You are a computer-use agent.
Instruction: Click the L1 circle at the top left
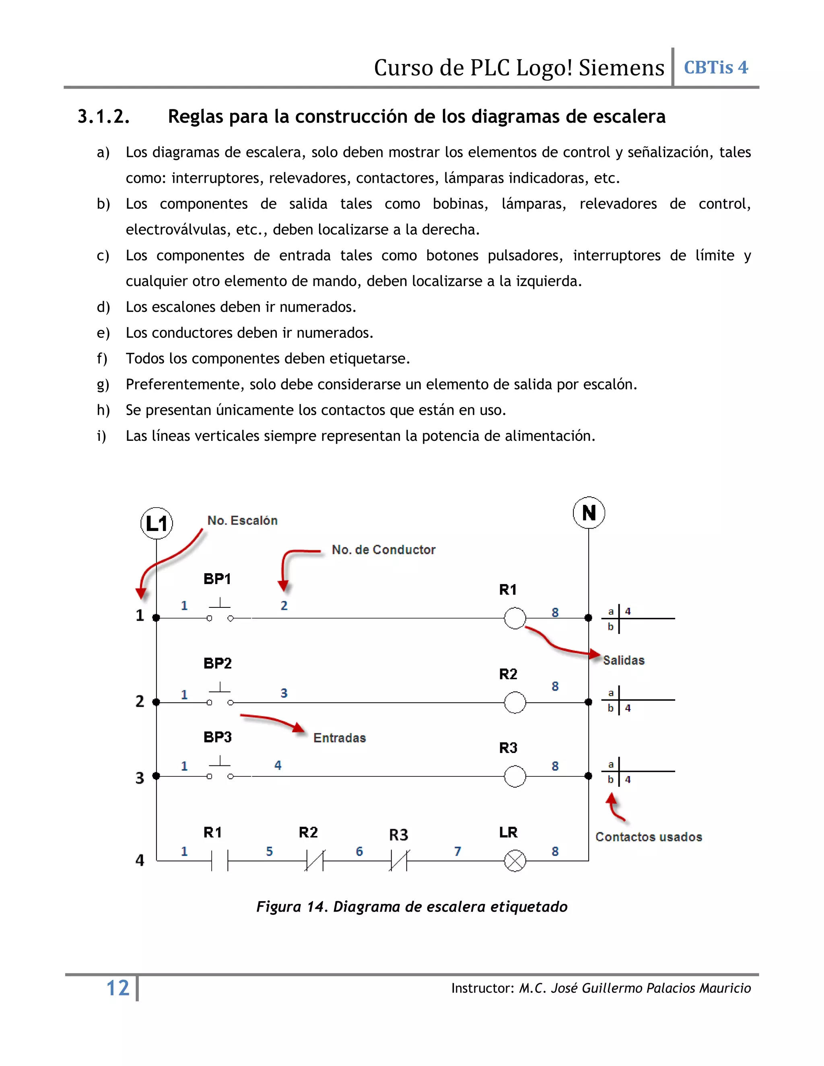coord(156,523)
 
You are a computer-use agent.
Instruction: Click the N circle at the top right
coord(589,512)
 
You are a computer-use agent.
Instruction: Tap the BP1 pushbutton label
coord(217,579)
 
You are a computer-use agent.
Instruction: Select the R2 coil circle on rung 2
coord(515,702)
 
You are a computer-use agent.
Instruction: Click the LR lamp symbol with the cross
coord(515,860)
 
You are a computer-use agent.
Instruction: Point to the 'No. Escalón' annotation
coord(242,520)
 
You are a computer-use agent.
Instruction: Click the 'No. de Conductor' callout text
coord(383,549)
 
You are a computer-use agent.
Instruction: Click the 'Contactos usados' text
coord(648,837)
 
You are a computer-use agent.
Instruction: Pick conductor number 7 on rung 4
coord(457,851)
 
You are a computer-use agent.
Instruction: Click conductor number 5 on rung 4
coord(270,851)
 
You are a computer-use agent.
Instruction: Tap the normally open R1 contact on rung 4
coord(220,860)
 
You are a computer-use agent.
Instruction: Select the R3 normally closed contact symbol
coord(399,860)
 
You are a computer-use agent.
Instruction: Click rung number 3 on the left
coord(140,778)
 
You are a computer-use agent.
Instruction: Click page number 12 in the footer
coord(117,988)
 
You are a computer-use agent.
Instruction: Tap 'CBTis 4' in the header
coord(716,67)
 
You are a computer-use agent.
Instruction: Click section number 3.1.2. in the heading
coord(103,117)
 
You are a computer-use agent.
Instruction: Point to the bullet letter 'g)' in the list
coord(103,385)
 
